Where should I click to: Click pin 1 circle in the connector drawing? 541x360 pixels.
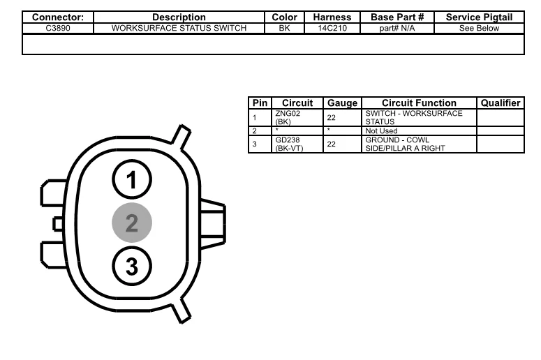coord(132,179)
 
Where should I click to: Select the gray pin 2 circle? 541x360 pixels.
coord(132,223)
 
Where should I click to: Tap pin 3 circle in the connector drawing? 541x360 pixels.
coord(132,266)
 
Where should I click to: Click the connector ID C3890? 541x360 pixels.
coord(58,29)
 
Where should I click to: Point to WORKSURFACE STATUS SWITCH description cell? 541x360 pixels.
coord(179,29)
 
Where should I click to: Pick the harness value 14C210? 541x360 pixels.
coord(332,29)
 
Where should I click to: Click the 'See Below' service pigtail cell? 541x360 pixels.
coord(479,29)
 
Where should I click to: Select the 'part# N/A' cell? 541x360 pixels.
coord(397,29)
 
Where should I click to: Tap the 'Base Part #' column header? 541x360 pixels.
coord(397,17)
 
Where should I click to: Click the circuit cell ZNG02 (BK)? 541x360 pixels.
coord(288,118)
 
